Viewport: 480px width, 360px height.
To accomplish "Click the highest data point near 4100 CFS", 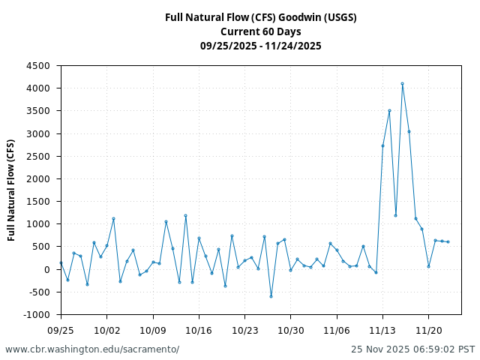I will click(402, 84).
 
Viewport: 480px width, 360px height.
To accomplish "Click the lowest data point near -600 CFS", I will click(271, 296).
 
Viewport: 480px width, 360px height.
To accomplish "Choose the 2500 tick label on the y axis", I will click(40, 156).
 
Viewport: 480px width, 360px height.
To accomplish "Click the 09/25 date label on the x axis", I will click(61, 329).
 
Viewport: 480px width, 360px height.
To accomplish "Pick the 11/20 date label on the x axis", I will click(428, 329).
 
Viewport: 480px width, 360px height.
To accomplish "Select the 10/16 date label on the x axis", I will click(199, 329).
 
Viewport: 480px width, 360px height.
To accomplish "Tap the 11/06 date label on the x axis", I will click(337, 329).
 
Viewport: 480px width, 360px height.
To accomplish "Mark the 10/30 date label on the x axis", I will click(291, 329).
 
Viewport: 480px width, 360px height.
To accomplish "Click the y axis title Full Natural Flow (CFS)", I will click(11, 190).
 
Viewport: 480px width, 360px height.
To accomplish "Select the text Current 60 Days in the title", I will click(260, 31).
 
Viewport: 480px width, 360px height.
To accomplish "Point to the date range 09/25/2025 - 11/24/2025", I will click(260, 46).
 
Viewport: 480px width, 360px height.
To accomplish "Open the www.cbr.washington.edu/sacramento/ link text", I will click(92, 349).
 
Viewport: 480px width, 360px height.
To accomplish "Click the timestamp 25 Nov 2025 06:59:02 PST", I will click(412, 349).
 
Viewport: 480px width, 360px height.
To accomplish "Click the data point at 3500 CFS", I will click(389, 111).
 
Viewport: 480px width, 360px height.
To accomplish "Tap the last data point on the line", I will click(448, 241).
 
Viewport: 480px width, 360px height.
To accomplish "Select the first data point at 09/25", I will click(61, 262).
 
